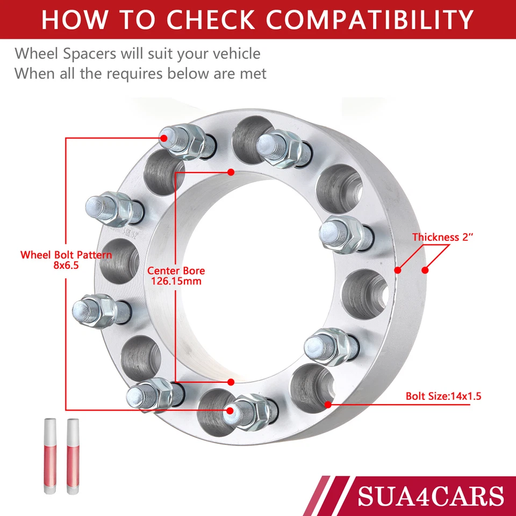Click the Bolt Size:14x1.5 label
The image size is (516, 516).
pyautogui.click(x=443, y=397)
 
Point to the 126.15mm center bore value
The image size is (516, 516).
pyautogui.click(x=176, y=281)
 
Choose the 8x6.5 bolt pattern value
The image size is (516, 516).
pyautogui.click(x=66, y=264)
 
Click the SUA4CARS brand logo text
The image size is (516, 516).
pyautogui.click(x=430, y=495)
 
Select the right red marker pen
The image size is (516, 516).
pyautogui.click(x=72, y=457)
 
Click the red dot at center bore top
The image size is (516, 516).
pyautogui.click(x=231, y=173)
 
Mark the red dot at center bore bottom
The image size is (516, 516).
pyautogui.click(x=231, y=382)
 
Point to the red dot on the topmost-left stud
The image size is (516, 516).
pyautogui.click(x=163, y=138)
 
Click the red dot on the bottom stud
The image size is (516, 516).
pyautogui.click(x=230, y=411)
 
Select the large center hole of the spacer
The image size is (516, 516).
pyautogui.click(x=253, y=279)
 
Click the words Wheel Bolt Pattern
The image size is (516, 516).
pyautogui.click(x=66, y=254)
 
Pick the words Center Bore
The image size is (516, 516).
pyautogui.click(x=176, y=271)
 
